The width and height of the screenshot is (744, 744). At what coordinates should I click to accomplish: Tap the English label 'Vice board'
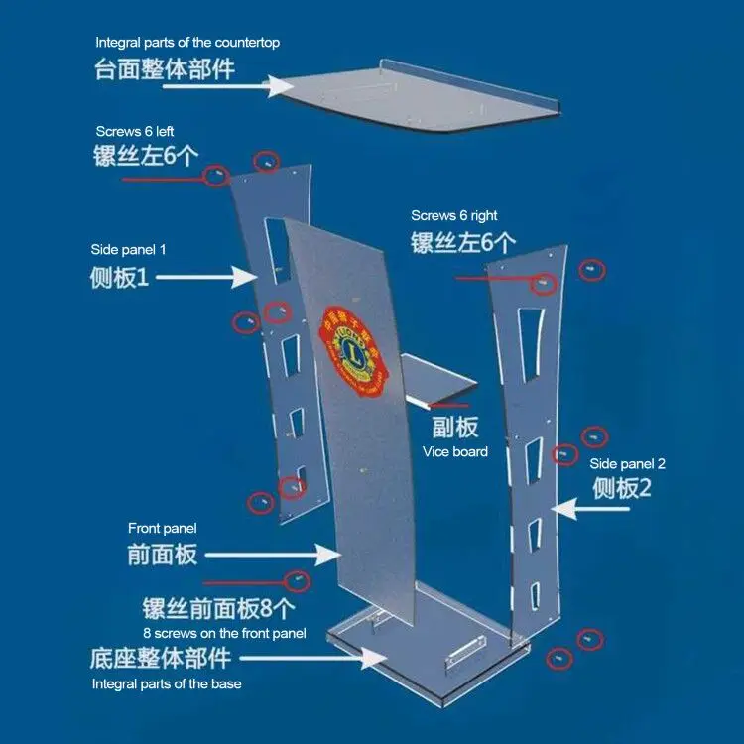[455, 452]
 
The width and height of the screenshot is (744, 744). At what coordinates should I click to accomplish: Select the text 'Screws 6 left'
[136, 132]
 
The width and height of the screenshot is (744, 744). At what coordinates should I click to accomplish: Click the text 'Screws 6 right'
[454, 215]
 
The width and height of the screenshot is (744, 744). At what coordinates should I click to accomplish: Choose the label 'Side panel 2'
[627, 463]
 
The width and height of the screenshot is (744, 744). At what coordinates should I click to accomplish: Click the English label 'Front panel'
[163, 528]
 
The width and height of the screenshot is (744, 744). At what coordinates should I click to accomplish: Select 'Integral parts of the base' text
[167, 683]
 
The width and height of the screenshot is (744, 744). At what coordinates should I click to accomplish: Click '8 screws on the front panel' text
[224, 632]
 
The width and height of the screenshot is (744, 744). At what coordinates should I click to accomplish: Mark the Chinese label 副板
[455, 428]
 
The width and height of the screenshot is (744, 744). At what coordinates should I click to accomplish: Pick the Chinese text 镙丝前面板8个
[218, 608]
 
